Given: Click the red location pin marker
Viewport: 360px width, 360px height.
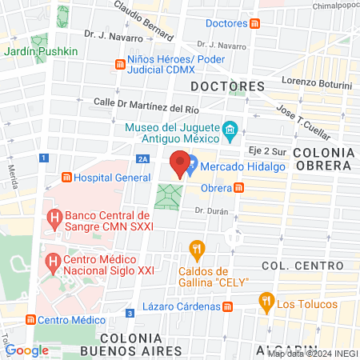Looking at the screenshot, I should click(181, 162).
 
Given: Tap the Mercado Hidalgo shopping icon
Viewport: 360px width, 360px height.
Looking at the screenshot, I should click(191, 168).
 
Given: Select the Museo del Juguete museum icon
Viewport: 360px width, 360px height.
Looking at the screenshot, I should click(230, 129).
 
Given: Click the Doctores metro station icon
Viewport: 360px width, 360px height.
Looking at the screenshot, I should click(254, 24).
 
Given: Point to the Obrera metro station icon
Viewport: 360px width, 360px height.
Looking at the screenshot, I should click(238, 188).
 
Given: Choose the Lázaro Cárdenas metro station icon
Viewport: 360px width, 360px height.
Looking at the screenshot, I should click(227, 306).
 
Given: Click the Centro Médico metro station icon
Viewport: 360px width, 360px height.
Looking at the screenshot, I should click(30, 320).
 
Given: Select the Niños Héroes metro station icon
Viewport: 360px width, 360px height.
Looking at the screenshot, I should click(120, 62).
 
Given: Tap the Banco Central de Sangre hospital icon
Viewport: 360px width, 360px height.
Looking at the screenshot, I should click(54, 216).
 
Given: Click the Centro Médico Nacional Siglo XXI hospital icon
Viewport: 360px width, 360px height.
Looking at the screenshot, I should click(54, 261).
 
